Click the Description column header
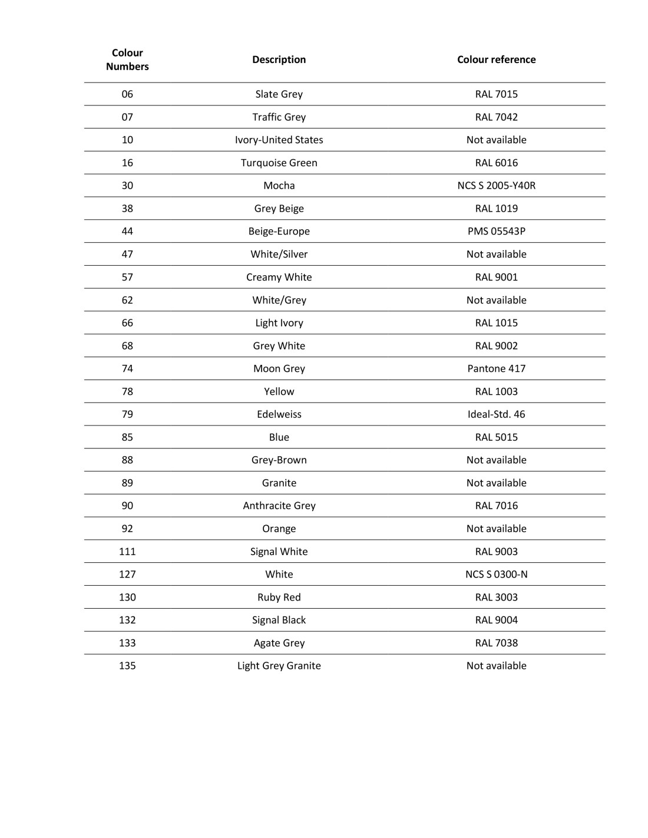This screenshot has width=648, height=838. [279, 60]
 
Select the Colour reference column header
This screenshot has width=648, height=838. [496, 60]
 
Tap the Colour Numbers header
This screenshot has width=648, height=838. [127, 60]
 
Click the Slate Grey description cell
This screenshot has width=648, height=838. [279, 94]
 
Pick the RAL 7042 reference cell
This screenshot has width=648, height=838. [496, 117]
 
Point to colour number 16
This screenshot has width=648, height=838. [127, 163]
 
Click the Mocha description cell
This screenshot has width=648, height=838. [279, 186]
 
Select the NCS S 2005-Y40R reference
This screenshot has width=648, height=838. [496, 186]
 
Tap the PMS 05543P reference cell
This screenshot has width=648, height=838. [496, 232]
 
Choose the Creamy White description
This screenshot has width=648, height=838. [279, 277]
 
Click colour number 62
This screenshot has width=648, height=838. [127, 300]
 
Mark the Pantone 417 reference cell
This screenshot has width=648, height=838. [496, 369]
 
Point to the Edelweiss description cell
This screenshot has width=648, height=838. [279, 414]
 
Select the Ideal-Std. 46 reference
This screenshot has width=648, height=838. [496, 414]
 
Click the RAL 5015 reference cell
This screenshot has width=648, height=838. [496, 437]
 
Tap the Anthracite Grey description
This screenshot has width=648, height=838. [279, 506]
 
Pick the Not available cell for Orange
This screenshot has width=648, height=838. [496, 529]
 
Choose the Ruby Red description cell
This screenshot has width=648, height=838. [279, 598]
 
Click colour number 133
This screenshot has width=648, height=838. [127, 643]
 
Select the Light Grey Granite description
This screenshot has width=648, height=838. [279, 666]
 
